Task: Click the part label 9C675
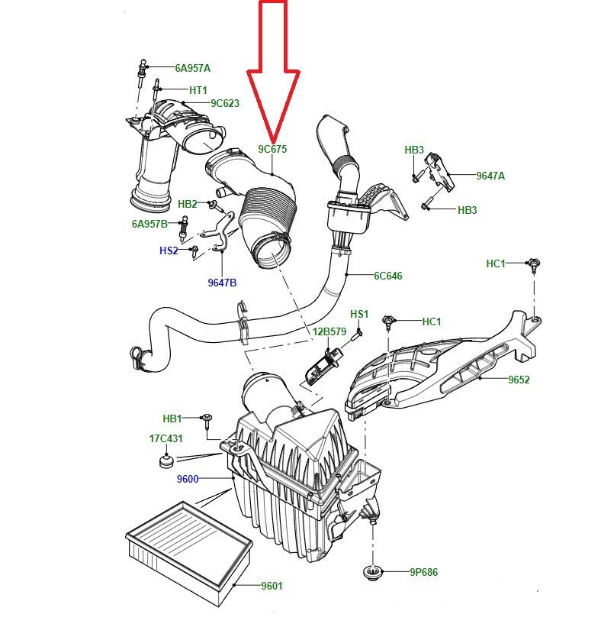click(272, 149)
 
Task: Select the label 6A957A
click(193, 68)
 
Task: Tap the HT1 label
click(198, 90)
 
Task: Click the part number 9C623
click(225, 103)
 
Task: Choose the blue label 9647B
click(222, 283)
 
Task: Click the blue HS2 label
click(169, 251)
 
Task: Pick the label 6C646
click(388, 276)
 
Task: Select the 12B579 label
click(329, 331)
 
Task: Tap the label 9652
click(519, 380)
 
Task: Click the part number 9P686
click(423, 572)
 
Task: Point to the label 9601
click(272, 586)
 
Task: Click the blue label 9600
click(188, 479)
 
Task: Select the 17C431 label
click(166, 438)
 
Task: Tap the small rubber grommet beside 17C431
click(166, 461)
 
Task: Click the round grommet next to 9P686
click(373, 572)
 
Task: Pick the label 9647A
click(490, 176)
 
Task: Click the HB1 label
click(172, 419)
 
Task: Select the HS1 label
click(359, 314)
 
